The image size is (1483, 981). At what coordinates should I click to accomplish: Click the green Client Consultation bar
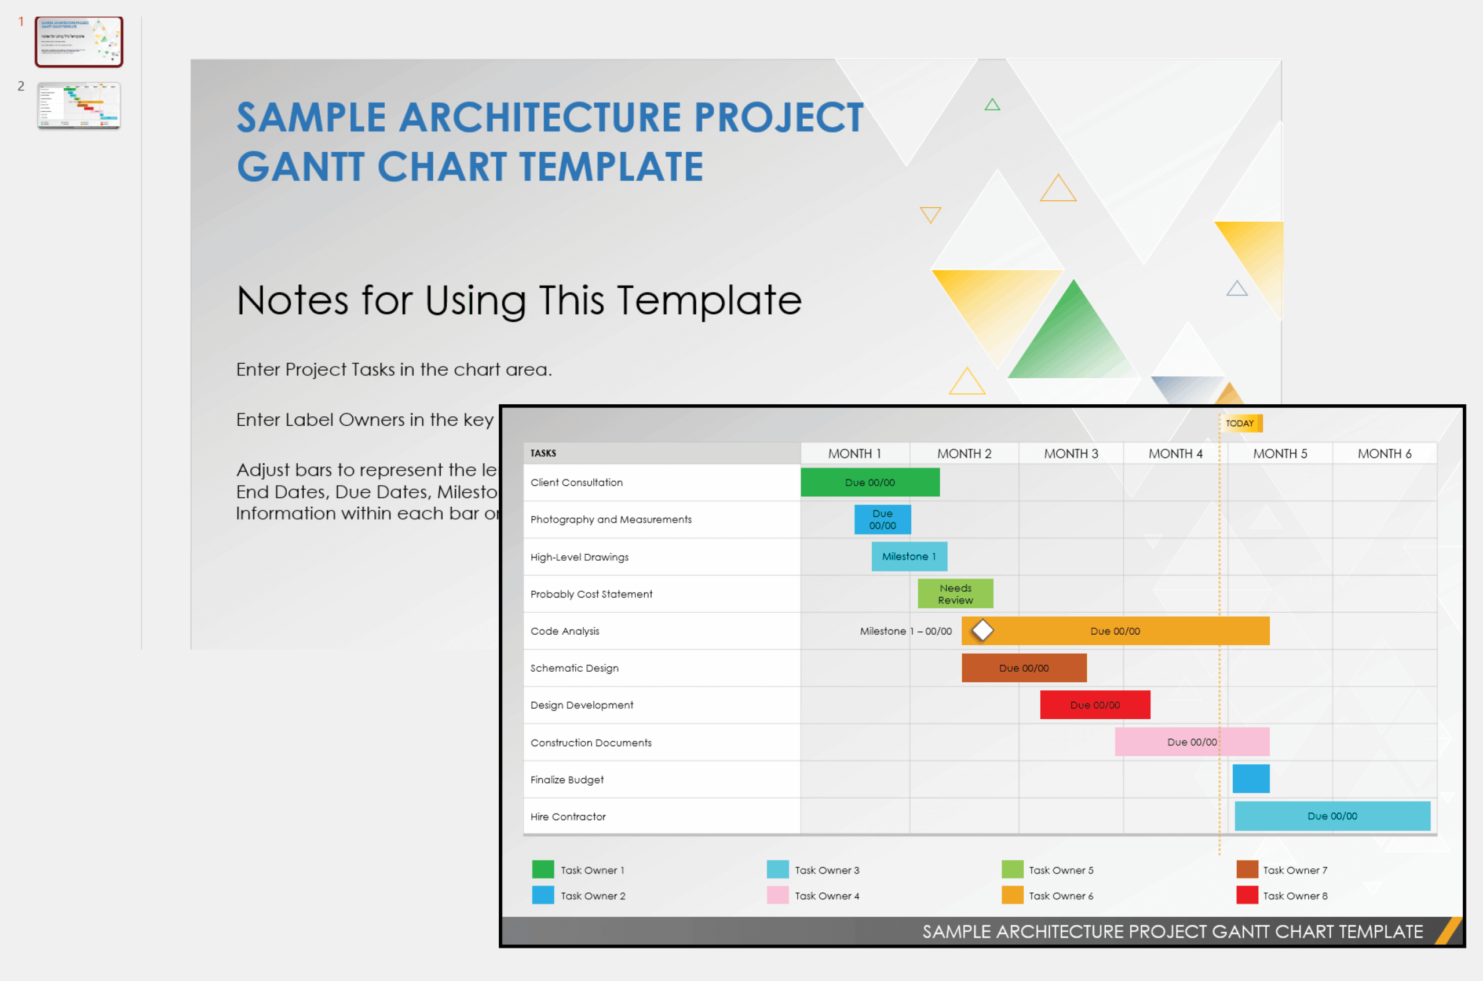pos(870,482)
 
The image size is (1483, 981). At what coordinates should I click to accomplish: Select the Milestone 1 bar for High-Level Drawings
pos(908,556)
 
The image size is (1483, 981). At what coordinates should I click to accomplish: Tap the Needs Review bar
pos(955,594)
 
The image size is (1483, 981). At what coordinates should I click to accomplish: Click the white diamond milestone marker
pos(982,631)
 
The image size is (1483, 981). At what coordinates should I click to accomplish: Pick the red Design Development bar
pos(1094,705)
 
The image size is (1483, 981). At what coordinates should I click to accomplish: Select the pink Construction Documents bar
pos(1192,742)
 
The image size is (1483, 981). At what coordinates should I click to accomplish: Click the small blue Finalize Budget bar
pos(1251,779)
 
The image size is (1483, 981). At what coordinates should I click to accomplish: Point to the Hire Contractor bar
pos(1332,816)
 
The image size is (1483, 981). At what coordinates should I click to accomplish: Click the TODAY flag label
pos(1240,423)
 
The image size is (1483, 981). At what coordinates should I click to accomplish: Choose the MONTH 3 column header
pos(1071,453)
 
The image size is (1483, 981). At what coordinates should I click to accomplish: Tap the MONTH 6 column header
pos(1384,453)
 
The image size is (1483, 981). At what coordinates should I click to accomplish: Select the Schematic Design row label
pos(575,668)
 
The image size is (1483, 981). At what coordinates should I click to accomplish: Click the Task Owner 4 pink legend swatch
pos(777,895)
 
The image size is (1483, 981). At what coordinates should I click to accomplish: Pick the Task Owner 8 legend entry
pos(1294,896)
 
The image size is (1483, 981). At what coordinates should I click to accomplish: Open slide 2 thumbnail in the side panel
pos(79,105)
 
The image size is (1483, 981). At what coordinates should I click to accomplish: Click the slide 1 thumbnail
pos(79,41)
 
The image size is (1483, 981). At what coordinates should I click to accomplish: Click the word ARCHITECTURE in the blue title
pos(540,118)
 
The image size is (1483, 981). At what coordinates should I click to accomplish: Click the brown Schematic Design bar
pos(1024,668)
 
